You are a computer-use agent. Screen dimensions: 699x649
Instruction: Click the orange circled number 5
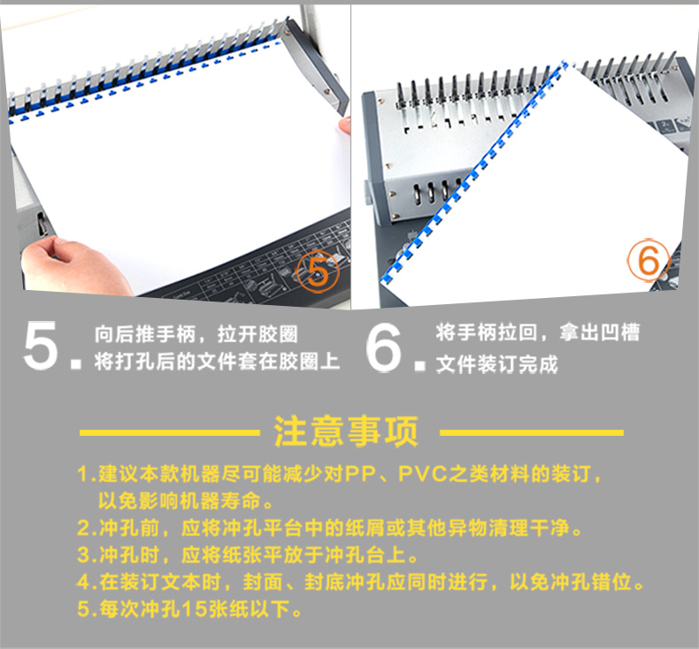(x=318, y=271)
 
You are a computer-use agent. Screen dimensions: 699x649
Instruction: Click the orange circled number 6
(x=649, y=260)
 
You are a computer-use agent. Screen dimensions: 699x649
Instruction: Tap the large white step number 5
(x=41, y=345)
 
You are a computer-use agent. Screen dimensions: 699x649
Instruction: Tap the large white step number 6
(x=383, y=347)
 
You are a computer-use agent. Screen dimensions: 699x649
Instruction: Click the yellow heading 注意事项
(x=346, y=431)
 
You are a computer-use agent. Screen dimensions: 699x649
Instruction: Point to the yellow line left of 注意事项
(x=170, y=432)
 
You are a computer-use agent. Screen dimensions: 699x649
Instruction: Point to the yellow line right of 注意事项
(x=532, y=432)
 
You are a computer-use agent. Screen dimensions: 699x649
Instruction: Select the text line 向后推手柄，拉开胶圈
(x=196, y=334)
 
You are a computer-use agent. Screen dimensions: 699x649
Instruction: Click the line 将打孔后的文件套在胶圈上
(x=217, y=362)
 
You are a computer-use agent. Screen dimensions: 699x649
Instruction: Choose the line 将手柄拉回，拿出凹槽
(x=538, y=332)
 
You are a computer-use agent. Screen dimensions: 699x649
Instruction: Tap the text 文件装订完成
(x=497, y=364)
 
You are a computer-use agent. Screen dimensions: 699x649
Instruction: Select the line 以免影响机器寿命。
(x=187, y=501)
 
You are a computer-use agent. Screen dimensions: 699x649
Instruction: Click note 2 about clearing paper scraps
(x=330, y=528)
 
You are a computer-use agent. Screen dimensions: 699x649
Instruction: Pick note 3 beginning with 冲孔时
(x=248, y=555)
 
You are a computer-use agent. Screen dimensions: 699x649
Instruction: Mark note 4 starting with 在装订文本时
(x=361, y=582)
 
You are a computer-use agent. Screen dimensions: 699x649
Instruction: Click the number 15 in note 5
(x=195, y=609)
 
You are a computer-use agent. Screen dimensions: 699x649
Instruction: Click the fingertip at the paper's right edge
(x=344, y=125)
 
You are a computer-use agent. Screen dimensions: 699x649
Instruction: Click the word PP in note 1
(x=361, y=474)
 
